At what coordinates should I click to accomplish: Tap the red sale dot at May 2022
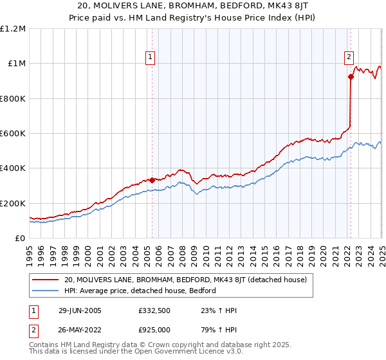click(x=351, y=77)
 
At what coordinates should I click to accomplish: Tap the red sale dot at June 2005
click(x=152, y=180)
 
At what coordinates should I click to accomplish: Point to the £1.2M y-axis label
click(x=13, y=28)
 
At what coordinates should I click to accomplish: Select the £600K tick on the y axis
click(x=13, y=133)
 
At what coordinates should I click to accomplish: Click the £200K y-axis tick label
click(x=13, y=203)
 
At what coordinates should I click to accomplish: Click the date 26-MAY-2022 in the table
click(x=78, y=328)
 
